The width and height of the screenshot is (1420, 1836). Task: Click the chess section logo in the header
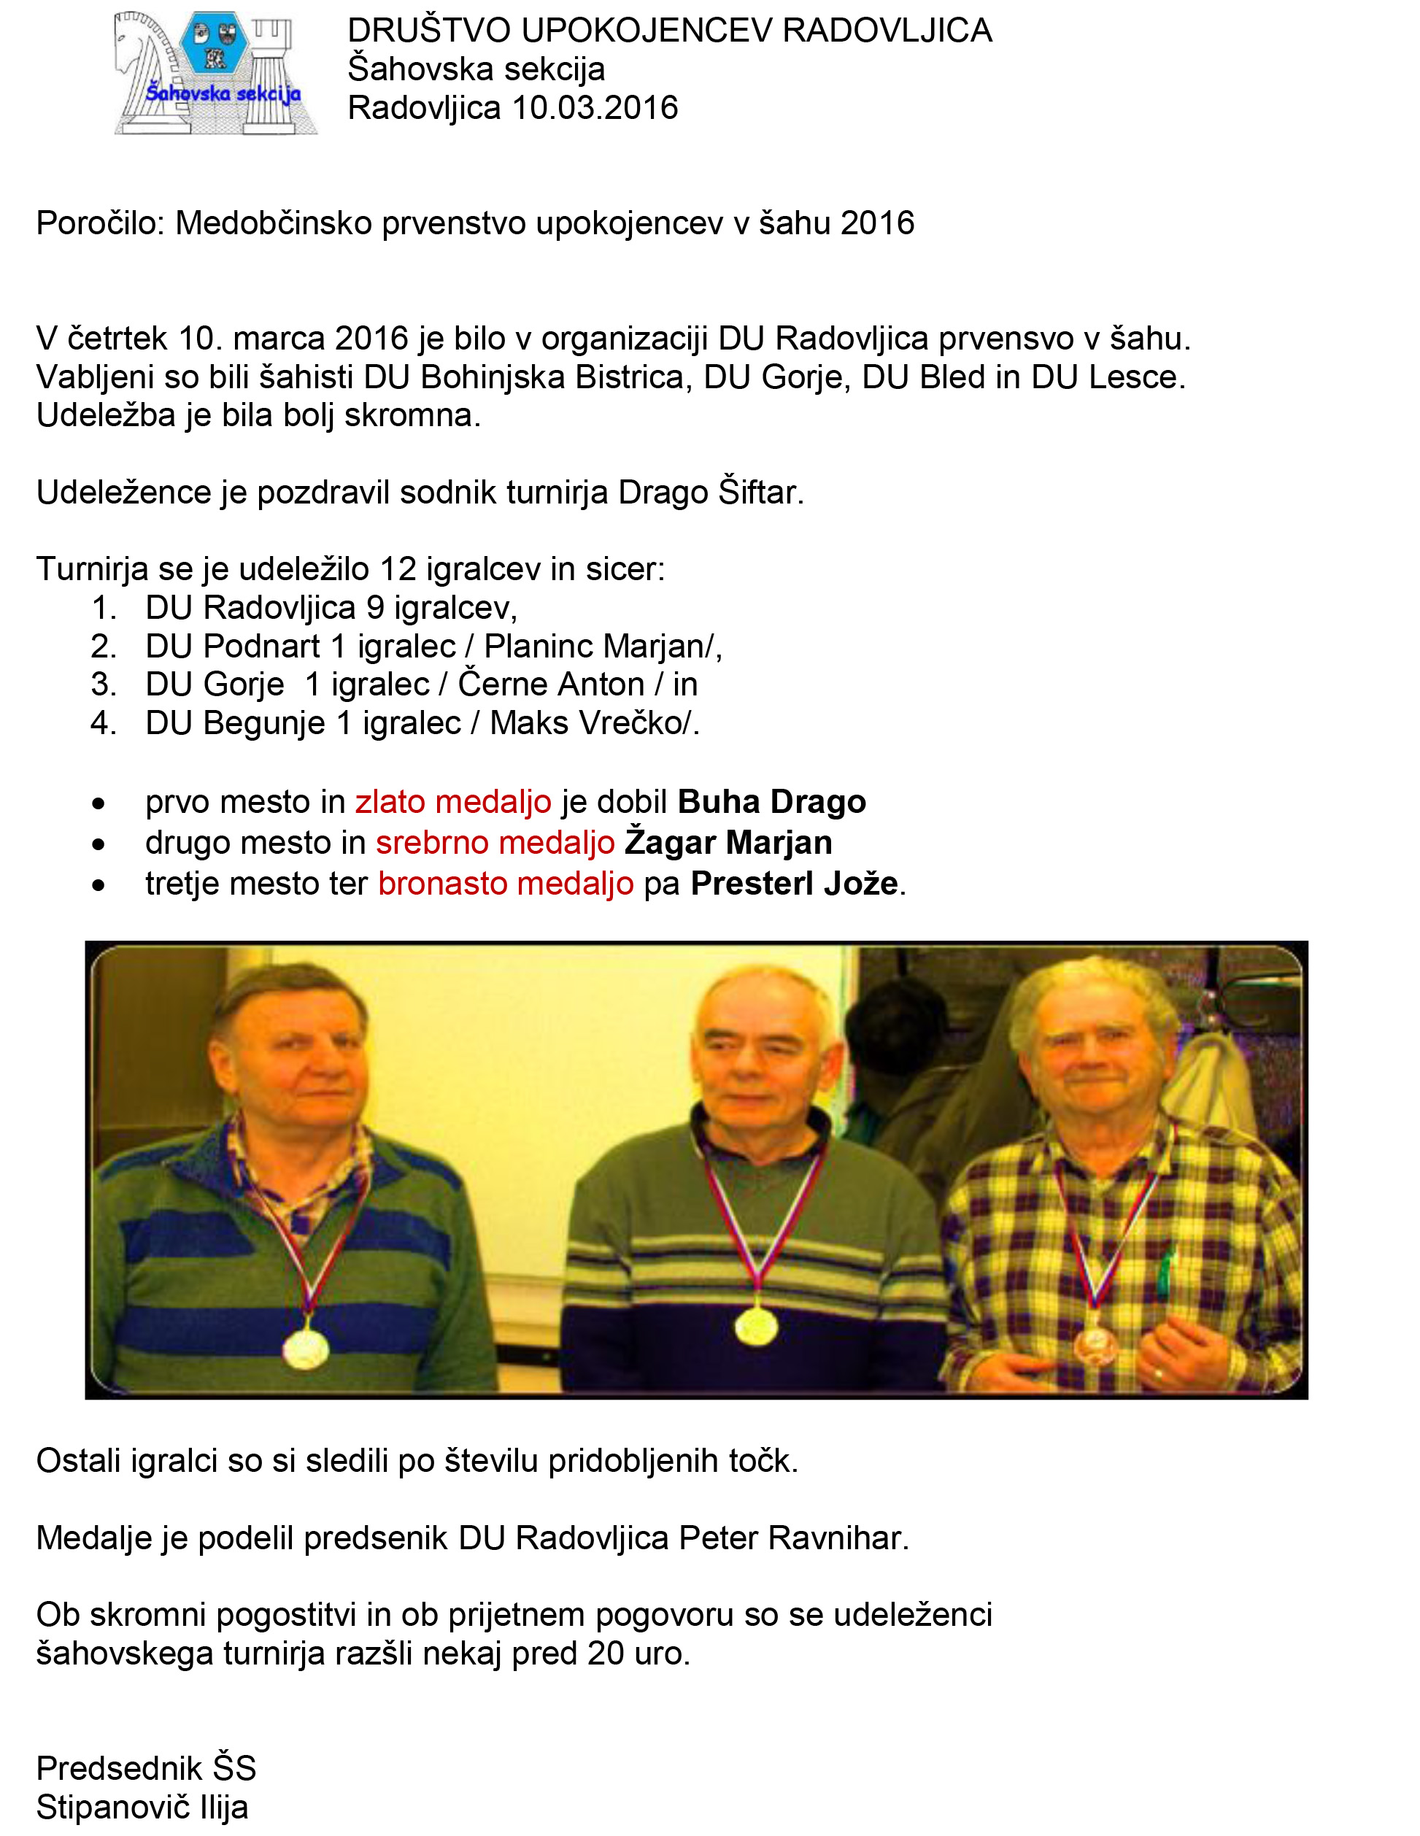coord(216,73)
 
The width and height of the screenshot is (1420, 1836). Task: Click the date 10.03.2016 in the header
coord(595,107)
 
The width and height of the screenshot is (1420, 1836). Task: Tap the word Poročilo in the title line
coord(100,223)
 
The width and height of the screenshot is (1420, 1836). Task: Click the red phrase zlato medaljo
coord(453,802)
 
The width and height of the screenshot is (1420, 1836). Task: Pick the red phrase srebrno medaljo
coord(495,842)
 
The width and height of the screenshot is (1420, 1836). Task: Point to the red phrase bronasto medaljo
coord(505,884)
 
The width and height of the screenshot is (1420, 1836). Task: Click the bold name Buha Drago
coord(771,802)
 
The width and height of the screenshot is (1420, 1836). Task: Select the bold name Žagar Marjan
coord(728,842)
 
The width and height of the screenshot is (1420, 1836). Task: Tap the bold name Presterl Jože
coord(795,884)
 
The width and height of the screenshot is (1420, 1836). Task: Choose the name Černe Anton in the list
coord(551,684)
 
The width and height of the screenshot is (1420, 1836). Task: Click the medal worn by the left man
coord(306,1348)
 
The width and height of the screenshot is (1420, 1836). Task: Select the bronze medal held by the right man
coord(1094,1344)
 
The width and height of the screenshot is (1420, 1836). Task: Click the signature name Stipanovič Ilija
coord(142,1808)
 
